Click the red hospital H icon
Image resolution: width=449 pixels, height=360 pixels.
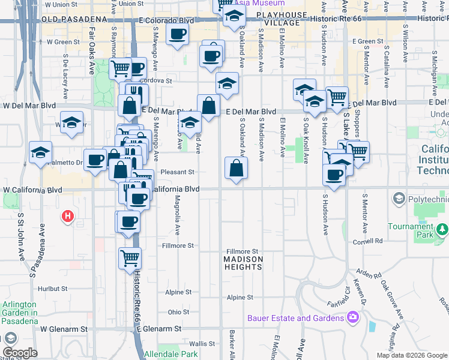[68, 216]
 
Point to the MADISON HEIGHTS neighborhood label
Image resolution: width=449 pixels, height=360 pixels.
[244, 263]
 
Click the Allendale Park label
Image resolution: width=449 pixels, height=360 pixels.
[170, 354]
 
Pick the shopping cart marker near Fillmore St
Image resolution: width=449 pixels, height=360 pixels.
[130, 258]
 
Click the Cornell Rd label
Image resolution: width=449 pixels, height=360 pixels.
[368, 242]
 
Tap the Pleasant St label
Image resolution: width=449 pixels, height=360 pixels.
[179, 172]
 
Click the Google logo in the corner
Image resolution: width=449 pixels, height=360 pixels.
[20, 353]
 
